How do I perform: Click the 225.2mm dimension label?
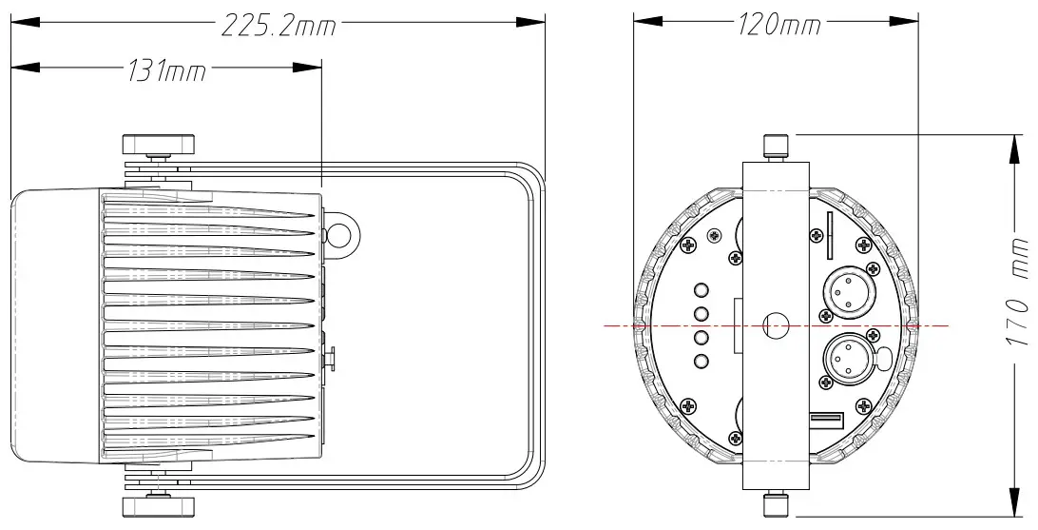click(279, 26)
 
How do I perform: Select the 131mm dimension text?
click(166, 71)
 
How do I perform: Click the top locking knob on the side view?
click(158, 145)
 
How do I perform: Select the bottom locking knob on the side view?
click(158, 504)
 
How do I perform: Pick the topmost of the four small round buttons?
click(702, 292)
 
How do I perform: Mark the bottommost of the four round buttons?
click(702, 361)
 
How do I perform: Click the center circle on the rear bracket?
click(777, 325)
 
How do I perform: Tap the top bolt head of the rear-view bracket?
click(777, 146)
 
